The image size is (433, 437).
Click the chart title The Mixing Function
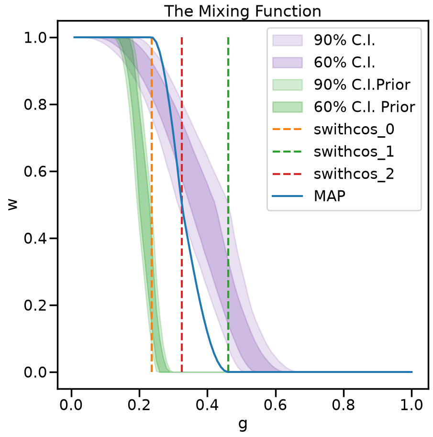[243, 11]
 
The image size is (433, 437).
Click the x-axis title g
[243, 424]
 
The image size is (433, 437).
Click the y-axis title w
[12, 205]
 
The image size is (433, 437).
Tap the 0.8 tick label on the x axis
[343, 404]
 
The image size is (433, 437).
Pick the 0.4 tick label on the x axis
[207, 404]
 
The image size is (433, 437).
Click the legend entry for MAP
[330, 196]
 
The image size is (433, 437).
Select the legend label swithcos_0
[354, 129]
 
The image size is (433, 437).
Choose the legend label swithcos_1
[354, 152]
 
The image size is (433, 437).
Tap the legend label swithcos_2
[354, 174]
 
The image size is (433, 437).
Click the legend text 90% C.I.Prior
[362, 85]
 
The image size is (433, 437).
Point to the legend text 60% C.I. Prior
[365, 107]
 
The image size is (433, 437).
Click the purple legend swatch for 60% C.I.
[288, 63]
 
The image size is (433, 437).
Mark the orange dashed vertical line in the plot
[152, 205]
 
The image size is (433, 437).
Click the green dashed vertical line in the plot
[228, 205]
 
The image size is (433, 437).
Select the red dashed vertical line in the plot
[182, 205]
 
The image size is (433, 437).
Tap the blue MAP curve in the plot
[182, 205]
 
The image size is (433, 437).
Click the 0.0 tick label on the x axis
[71, 404]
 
